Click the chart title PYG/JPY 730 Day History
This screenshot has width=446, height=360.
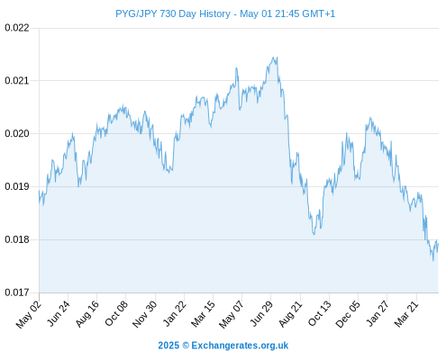click(x=173, y=13)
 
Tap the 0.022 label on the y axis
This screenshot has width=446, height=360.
click(x=17, y=28)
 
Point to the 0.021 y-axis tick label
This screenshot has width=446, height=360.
click(x=17, y=80)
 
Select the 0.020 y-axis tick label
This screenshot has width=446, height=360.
click(x=17, y=133)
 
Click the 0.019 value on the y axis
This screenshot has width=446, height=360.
click(x=17, y=186)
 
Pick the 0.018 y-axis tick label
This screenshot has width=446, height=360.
click(x=17, y=239)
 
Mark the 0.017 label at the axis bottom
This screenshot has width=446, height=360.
click(x=17, y=292)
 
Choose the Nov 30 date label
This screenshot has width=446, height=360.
click(x=144, y=314)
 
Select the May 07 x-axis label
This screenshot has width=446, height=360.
click(x=232, y=314)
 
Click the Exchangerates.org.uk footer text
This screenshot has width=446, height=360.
click(x=240, y=346)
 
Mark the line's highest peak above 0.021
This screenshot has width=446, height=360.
click(x=273, y=57)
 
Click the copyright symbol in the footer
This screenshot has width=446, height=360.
click(x=186, y=346)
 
